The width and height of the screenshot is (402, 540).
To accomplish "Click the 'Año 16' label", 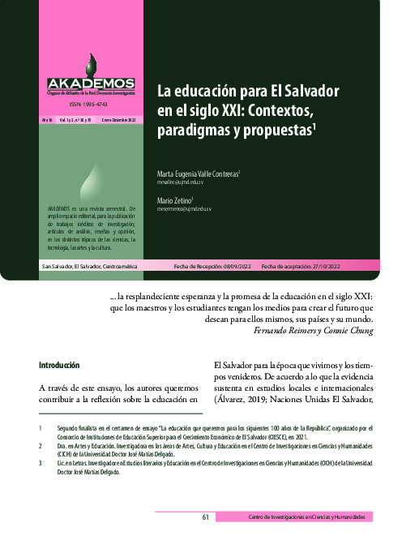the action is coord(48,119).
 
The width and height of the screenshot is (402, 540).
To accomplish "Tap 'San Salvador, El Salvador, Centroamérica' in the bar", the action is coord(90,244).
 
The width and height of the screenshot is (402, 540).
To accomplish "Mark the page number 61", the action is coord(207,517).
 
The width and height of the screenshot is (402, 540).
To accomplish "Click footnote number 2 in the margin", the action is coord(41,446).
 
